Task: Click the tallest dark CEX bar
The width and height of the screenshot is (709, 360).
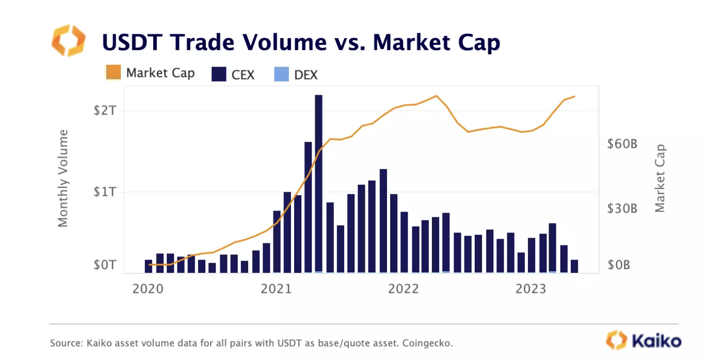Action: pyautogui.click(x=318, y=183)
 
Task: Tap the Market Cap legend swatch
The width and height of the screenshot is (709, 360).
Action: pyautogui.click(x=113, y=73)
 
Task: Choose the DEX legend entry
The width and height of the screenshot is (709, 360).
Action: pyautogui.click(x=295, y=74)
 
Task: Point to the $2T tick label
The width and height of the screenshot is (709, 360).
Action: pyautogui.click(x=106, y=110)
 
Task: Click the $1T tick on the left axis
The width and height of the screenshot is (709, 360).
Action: pyautogui.click(x=106, y=192)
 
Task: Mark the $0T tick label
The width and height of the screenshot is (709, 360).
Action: pyautogui.click(x=106, y=265)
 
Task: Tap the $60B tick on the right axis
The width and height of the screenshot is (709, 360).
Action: pyautogui.click(x=622, y=144)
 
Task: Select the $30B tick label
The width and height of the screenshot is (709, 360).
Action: pyautogui.click(x=622, y=209)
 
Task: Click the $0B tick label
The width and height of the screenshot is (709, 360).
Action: pyautogui.click(x=619, y=265)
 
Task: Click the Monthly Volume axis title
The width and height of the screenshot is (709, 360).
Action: pyautogui.click(x=63, y=178)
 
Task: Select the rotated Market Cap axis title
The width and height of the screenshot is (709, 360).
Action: pyautogui.click(x=660, y=178)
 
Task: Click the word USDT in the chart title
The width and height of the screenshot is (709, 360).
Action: pyautogui.click(x=135, y=42)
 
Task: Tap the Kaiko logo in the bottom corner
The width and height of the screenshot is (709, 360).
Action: pyautogui.click(x=643, y=340)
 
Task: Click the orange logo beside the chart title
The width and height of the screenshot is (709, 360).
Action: pyautogui.click(x=68, y=40)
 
